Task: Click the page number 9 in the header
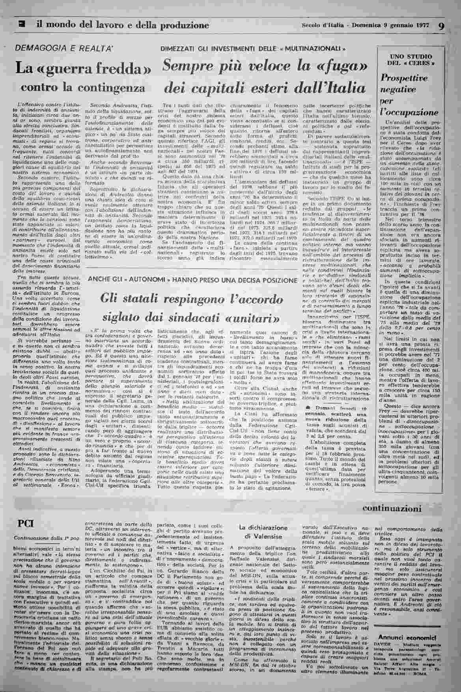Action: point(441,26)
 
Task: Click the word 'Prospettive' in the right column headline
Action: point(404,79)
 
